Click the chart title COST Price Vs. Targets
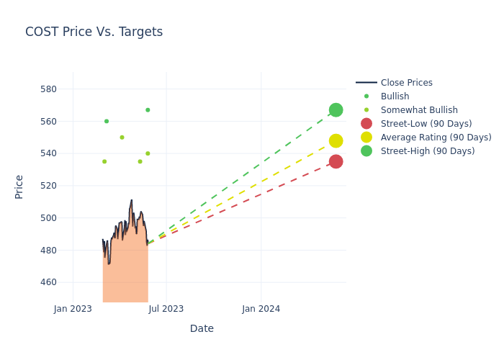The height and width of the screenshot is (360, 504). coord(94,32)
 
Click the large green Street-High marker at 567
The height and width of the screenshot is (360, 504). coord(336,110)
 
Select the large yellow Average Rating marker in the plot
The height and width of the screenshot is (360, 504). coord(336,141)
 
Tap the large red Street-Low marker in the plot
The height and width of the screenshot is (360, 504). coord(336,162)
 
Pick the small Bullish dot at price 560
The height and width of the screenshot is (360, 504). coord(107,121)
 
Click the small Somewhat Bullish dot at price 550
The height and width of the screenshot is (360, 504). coord(122,138)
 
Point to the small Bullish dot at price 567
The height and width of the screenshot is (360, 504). coord(148,110)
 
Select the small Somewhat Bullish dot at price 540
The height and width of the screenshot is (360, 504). coord(148,153)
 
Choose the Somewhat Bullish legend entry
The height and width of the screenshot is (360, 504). coord(419,110)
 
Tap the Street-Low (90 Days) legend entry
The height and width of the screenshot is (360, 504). coord(426,124)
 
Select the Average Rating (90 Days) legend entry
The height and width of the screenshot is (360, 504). coord(436,138)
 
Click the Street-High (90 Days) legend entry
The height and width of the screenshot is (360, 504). coord(428,151)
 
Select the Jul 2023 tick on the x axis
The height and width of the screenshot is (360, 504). coord(166,309)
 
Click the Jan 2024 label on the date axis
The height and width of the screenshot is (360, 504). coord(261,309)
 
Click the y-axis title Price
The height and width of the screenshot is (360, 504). coord(19,186)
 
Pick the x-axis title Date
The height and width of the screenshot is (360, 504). coord(202,328)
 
